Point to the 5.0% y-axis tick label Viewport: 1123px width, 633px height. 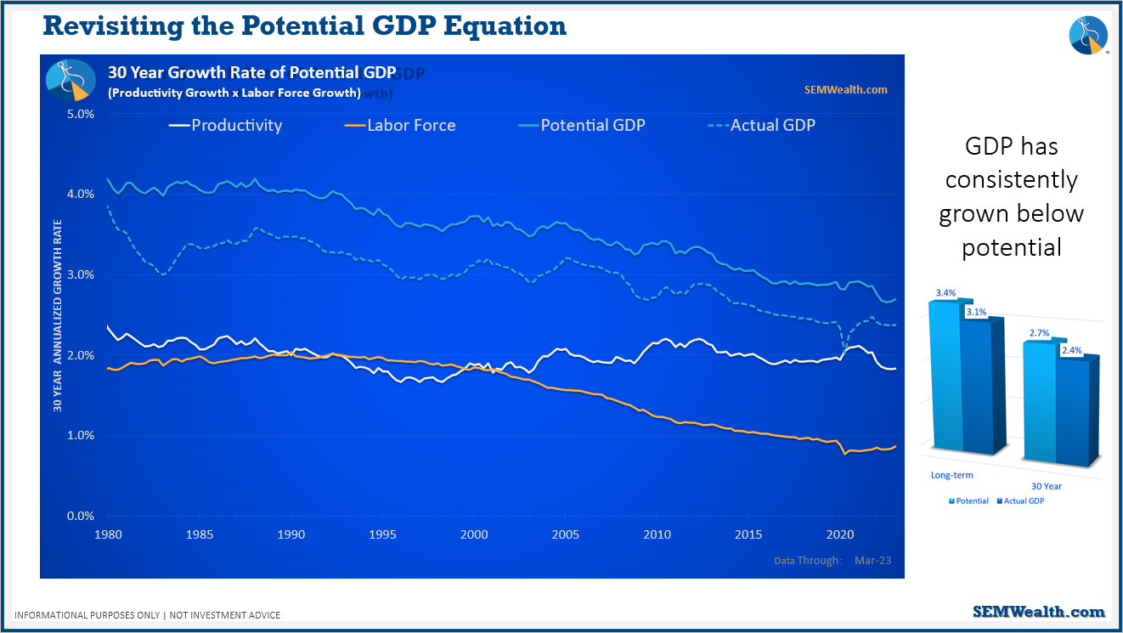click(x=81, y=113)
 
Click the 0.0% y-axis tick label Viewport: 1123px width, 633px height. click(x=81, y=516)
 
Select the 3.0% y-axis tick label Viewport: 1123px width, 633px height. click(x=81, y=274)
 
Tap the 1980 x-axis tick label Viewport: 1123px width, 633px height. click(x=108, y=534)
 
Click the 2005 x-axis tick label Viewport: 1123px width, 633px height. click(x=565, y=534)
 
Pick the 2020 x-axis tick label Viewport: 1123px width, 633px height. click(x=839, y=534)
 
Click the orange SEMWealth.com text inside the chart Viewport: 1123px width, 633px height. click(x=845, y=89)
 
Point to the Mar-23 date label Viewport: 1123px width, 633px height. click(x=873, y=560)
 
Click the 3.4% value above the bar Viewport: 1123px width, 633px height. click(x=945, y=293)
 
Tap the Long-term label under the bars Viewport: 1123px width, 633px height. click(x=951, y=475)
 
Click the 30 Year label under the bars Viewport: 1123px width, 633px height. click(x=1046, y=486)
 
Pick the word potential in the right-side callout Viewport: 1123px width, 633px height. click(x=1011, y=247)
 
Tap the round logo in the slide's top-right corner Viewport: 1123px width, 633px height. click(x=1088, y=35)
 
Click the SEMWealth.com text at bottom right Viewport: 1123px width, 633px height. click(x=1039, y=612)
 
